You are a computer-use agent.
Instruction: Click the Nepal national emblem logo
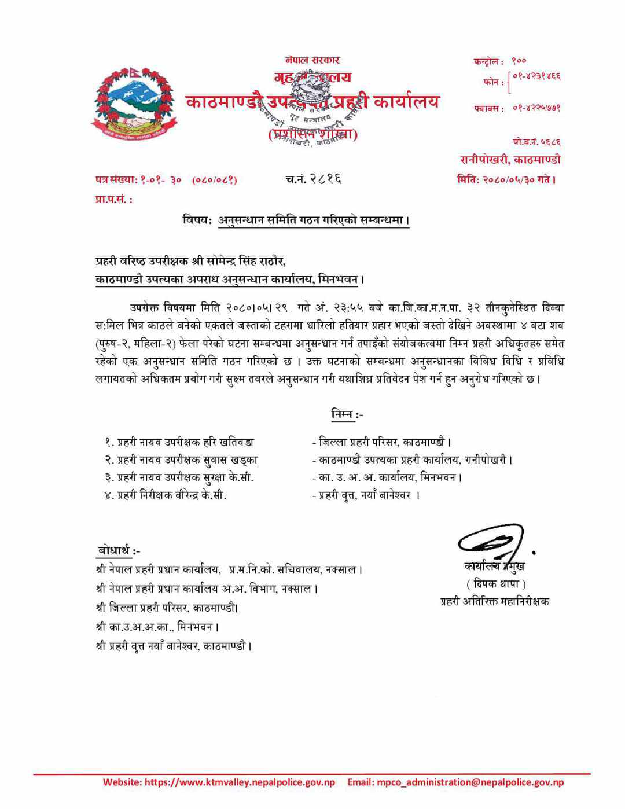click(133, 105)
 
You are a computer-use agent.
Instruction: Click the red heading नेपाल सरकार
click(312, 60)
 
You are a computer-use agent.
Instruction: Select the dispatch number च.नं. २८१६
click(313, 179)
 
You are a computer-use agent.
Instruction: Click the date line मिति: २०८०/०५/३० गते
click(506, 179)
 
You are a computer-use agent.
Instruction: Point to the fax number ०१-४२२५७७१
click(536, 108)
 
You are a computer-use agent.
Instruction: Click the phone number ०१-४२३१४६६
click(536, 77)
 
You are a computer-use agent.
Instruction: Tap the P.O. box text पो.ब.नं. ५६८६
click(536, 142)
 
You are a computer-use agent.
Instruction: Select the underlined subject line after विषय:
click(313, 220)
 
